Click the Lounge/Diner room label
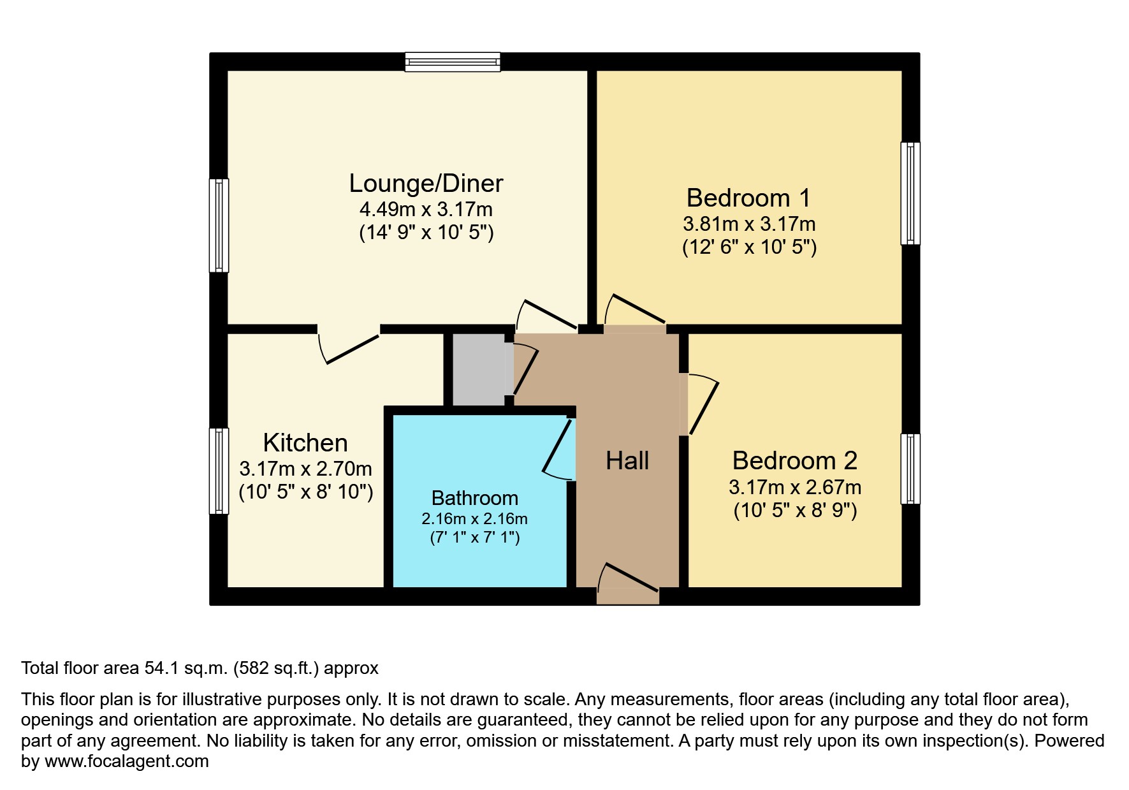[426, 184]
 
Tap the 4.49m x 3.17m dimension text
[426, 209]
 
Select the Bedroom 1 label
[748, 198]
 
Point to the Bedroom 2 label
[794, 460]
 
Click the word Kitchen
[305, 443]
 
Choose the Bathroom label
[474, 498]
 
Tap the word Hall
[627, 460]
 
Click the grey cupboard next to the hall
[478, 369]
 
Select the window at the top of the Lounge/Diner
[453, 61]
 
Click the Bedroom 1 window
[910, 193]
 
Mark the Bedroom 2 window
[910, 469]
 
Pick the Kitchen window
[219, 471]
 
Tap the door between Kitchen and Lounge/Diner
[349, 344]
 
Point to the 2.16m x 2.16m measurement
[474, 519]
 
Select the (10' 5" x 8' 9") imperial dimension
[794, 511]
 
